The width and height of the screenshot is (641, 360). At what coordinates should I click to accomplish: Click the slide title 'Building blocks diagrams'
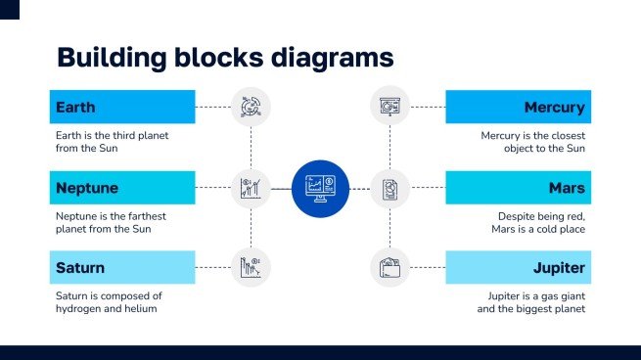tap(225, 57)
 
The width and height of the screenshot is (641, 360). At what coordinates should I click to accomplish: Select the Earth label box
tap(122, 107)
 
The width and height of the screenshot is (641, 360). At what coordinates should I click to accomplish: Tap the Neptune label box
tap(122, 187)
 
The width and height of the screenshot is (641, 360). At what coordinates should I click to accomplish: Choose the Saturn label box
tap(122, 267)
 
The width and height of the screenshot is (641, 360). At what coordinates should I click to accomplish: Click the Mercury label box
tap(518, 107)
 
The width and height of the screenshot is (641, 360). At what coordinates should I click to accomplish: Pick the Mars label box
tap(518, 187)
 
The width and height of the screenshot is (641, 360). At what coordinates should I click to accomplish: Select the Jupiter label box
tap(518, 267)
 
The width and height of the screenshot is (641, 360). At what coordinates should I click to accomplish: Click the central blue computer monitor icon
tap(320, 187)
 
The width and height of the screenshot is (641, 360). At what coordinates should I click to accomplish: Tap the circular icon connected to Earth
tap(251, 107)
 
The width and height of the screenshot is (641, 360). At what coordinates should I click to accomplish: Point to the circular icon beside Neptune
tap(251, 187)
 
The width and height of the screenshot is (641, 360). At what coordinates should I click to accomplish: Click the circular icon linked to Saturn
tap(251, 267)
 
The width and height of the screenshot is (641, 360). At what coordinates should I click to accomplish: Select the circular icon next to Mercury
tap(390, 107)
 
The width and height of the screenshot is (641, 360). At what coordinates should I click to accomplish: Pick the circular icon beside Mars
tap(390, 187)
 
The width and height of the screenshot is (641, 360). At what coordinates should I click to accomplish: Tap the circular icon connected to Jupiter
tap(390, 267)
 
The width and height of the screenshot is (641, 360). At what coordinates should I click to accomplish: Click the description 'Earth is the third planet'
tap(112, 136)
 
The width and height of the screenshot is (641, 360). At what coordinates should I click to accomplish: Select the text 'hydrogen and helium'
tap(107, 309)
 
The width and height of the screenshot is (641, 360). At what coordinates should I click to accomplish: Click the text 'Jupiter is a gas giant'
tap(535, 295)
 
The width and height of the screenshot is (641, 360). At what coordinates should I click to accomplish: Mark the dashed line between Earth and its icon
tap(212, 107)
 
